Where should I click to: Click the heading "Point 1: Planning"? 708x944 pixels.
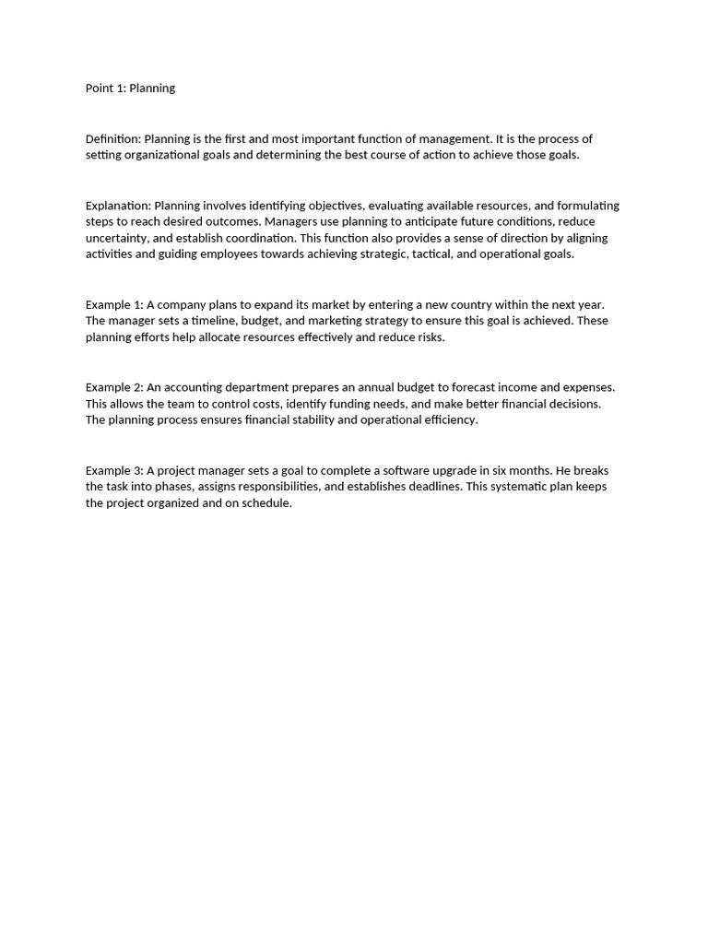(130, 88)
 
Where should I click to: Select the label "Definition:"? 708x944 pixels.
(113, 138)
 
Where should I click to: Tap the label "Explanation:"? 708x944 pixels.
(118, 206)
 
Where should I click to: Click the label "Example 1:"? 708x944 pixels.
(114, 304)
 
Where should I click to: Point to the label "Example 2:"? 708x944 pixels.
(114, 387)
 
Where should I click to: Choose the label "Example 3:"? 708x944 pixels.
(114, 470)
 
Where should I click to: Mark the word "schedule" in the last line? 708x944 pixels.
(267, 503)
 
